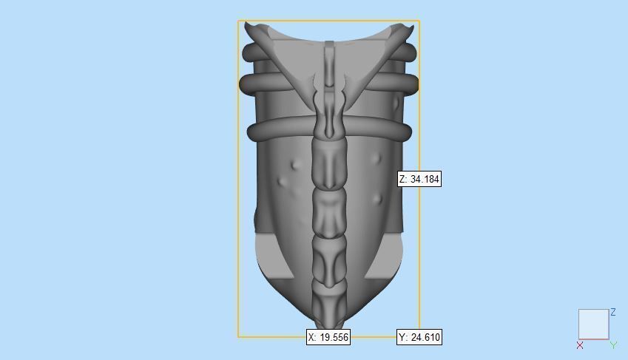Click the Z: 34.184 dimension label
pos(419,179)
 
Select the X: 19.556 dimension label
pos(328,337)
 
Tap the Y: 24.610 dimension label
pos(419,337)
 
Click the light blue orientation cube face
pos(593,324)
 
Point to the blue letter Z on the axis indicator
pos(613,313)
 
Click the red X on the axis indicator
pos(580,345)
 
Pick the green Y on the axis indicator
pos(613,345)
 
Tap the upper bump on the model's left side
pos(296,164)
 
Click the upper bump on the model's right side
pos(378,157)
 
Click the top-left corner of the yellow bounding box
pos(238,21)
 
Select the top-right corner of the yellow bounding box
pos(419,21)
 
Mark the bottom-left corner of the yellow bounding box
pos(238,337)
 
